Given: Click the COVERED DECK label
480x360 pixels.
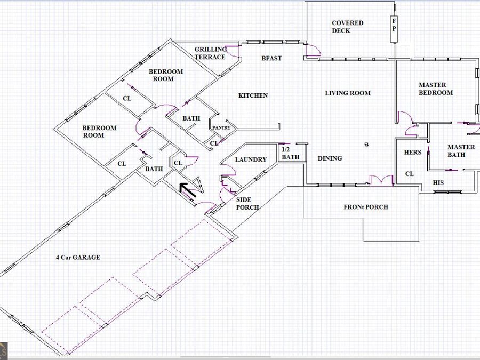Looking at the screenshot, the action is (x=347, y=27).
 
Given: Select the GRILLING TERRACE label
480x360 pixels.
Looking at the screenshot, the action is (x=211, y=53).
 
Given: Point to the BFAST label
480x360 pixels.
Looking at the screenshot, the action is (x=271, y=58).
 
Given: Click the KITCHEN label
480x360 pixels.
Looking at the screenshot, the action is (x=253, y=95).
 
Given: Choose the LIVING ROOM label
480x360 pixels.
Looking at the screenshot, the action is (x=348, y=93).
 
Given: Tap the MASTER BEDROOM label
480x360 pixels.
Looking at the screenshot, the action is (x=436, y=89).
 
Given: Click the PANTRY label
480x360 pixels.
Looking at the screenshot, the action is (x=221, y=128).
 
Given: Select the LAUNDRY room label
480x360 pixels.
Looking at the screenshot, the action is (x=251, y=159).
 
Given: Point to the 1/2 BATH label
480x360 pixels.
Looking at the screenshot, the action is (x=290, y=154).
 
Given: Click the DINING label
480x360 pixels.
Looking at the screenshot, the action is (x=330, y=158).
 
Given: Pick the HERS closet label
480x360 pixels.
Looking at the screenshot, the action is (x=413, y=152).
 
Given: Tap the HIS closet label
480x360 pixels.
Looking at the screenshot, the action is (x=438, y=183).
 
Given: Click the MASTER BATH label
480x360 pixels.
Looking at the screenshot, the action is (x=461, y=151).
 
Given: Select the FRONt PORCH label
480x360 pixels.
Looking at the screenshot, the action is (x=366, y=207).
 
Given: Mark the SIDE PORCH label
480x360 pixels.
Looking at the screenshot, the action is (x=247, y=204).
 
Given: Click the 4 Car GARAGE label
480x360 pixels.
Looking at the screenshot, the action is (x=78, y=258).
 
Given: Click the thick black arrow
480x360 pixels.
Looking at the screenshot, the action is (x=187, y=190).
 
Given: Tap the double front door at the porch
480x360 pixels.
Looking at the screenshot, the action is (x=381, y=180).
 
